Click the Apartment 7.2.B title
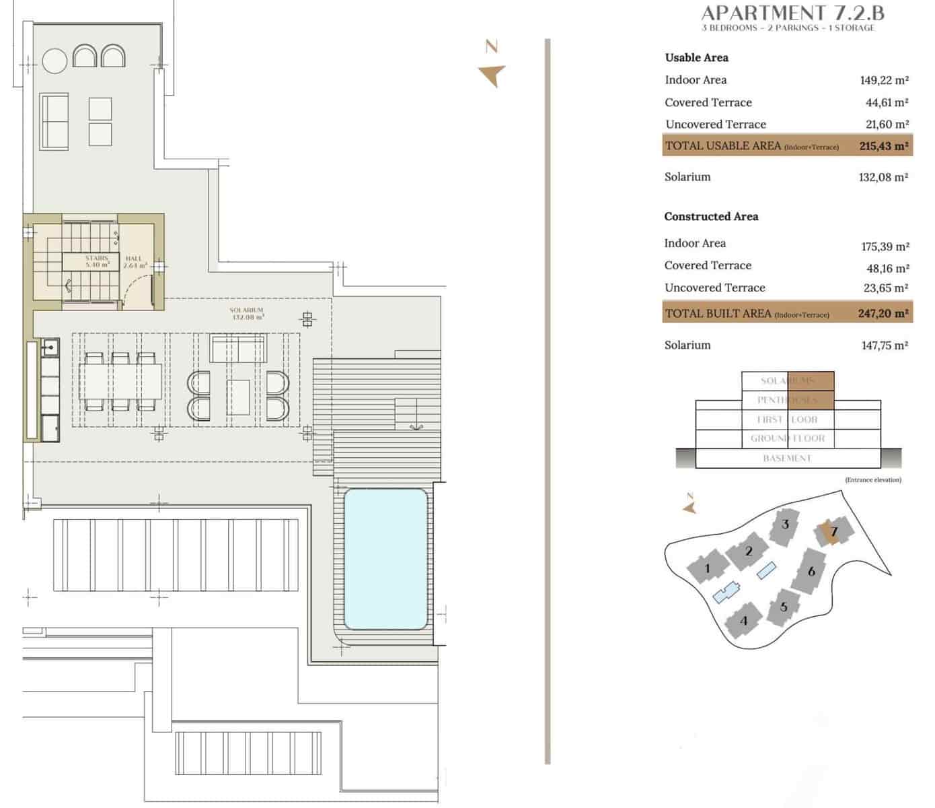(792, 13)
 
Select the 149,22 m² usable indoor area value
(884, 80)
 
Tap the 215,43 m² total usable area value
(884, 145)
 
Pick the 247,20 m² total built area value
(883, 313)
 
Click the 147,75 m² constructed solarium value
(884, 345)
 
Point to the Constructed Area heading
(711, 216)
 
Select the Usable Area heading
(696, 58)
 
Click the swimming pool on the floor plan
(385, 558)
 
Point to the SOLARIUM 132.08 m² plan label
(246, 313)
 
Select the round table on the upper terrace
(55, 61)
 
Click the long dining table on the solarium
(121, 382)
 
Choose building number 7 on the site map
(833, 532)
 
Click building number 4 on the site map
(743, 620)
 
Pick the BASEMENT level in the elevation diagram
(787, 459)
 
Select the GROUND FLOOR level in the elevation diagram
(787, 438)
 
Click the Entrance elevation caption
(872, 480)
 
